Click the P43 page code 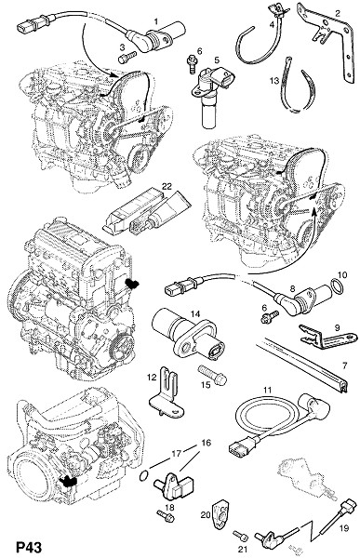[x=29, y=547]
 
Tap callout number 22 [x=167, y=186]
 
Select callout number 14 [x=195, y=313]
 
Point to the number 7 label [x=344, y=365]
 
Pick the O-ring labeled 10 [x=338, y=286]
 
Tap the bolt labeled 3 [x=127, y=57]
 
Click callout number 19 [x=344, y=528]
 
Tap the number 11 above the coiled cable [x=267, y=390]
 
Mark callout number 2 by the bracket [x=338, y=14]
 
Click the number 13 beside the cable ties [x=274, y=81]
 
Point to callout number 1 [x=156, y=22]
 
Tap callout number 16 [x=207, y=443]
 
